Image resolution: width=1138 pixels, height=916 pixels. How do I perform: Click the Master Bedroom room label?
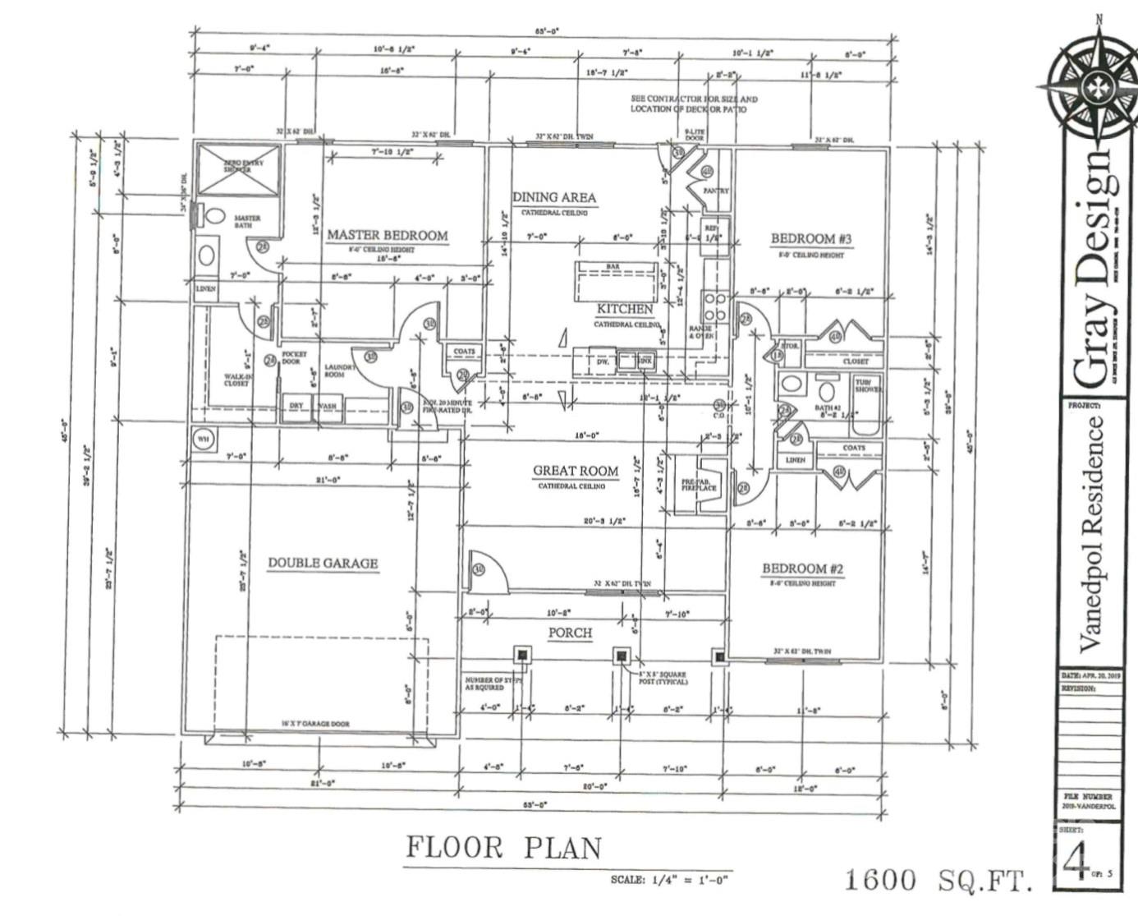(388, 235)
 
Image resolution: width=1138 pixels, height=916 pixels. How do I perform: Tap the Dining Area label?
(554, 197)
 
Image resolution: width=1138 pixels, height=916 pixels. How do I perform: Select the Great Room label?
(576, 471)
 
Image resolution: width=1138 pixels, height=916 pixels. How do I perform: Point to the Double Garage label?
(323, 563)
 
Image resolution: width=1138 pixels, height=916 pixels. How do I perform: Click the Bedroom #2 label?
(802, 568)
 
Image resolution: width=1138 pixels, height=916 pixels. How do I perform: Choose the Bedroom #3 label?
(811, 239)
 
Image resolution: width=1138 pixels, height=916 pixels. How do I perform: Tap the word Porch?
(570, 633)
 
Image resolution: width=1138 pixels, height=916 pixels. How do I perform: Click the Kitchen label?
(625, 309)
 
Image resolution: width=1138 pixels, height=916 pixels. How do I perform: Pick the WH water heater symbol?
(203, 440)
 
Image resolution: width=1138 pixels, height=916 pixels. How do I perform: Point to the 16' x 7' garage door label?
(316, 724)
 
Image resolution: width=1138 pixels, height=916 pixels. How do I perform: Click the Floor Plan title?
(504, 847)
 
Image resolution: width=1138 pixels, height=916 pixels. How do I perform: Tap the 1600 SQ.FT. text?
(937, 880)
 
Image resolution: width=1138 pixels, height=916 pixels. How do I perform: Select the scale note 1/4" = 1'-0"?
(669, 880)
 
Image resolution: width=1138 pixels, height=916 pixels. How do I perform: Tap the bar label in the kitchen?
(613, 267)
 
